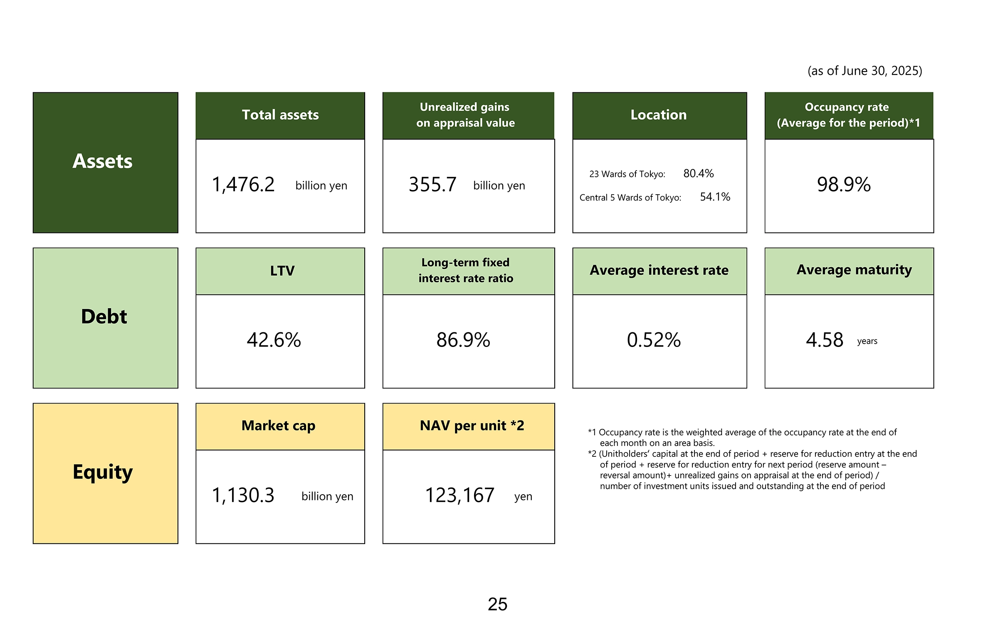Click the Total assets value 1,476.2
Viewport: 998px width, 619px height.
(243, 184)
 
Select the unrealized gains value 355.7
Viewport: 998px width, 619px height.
(432, 184)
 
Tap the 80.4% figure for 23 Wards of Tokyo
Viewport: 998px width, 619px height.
(698, 173)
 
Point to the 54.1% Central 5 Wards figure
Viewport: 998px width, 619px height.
(715, 197)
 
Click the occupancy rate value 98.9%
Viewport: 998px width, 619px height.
(844, 184)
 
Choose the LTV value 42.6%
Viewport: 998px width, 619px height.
(274, 340)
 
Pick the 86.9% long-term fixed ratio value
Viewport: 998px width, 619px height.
(463, 340)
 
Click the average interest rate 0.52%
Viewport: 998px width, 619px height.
(654, 340)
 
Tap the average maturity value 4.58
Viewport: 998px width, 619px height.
(824, 340)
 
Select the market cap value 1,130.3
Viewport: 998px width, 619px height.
(243, 495)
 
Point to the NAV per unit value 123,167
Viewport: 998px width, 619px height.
(459, 495)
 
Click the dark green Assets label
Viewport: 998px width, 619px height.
(103, 161)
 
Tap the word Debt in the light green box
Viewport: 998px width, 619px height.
(104, 317)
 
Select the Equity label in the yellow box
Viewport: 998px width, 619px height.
(103, 472)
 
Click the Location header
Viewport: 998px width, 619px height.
(659, 115)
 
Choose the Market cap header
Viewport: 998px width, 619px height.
(279, 426)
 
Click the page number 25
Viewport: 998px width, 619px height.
(498, 604)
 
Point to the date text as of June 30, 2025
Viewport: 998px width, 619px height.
(865, 71)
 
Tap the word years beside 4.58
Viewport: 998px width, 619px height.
(867, 341)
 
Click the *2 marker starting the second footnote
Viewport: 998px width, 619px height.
(592, 454)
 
